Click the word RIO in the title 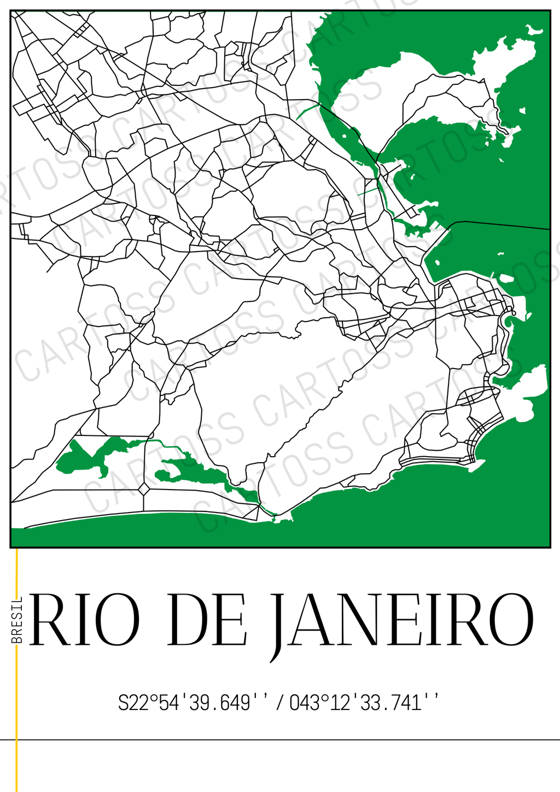85,620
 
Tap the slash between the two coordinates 280,702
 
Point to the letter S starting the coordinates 124,702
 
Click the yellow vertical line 17,711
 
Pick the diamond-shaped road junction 144,488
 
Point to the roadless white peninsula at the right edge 528,391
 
